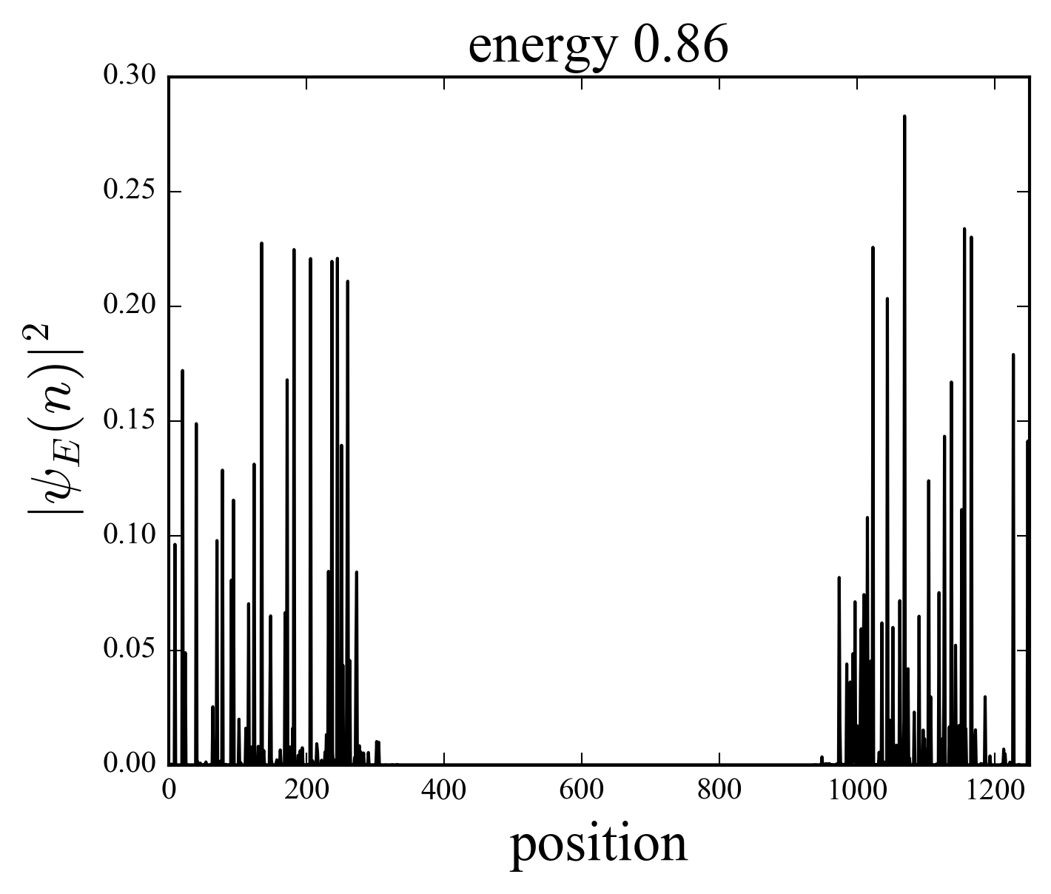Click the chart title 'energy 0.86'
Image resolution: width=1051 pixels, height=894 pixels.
598,46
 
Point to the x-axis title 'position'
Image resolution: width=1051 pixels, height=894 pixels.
598,845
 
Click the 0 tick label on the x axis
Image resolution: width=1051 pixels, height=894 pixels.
169,790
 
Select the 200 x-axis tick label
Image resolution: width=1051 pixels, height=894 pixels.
306,790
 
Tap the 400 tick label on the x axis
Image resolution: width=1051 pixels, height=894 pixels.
444,790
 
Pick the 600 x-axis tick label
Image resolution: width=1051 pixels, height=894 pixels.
582,790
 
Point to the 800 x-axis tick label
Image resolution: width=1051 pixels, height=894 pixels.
719,790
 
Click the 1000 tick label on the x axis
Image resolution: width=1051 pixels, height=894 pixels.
857,790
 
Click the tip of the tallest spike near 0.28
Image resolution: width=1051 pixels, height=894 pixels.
904,116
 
